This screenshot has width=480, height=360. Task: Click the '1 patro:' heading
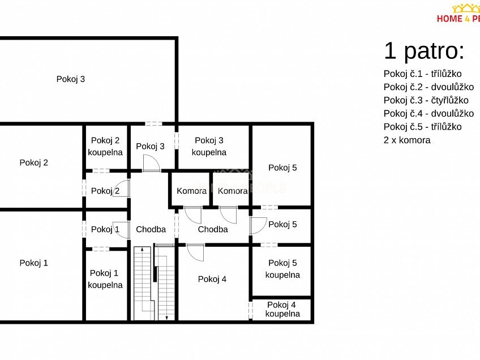[x=425, y=51]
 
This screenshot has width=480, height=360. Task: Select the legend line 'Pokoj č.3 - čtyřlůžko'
[x=426, y=100]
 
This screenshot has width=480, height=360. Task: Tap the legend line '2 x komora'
[x=407, y=140]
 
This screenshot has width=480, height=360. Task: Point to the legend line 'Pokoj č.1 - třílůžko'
[x=423, y=74]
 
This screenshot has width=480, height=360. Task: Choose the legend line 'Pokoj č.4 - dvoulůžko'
[x=429, y=114]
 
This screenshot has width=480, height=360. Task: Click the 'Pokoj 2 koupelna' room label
[x=105, y=147]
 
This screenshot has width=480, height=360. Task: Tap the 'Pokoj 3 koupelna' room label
[x=209, y=147]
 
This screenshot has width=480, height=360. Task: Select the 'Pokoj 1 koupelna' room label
[x=105, y=279]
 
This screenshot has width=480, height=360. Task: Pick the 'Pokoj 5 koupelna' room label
[x=282, y=269]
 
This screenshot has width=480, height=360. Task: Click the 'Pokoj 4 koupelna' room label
[x=282, y=309]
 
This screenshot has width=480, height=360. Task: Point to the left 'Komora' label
[x=192, y=191]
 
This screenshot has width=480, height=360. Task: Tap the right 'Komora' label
[x=233, y=191]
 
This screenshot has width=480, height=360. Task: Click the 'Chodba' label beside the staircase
[x=151, y=229]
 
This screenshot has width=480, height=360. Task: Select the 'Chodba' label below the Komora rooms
[x=213, y=229]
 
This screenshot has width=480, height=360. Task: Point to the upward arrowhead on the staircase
[x=142, y=250]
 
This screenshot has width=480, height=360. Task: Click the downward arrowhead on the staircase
[x=166, y=318]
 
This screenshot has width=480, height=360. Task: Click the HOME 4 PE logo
[x=458, y=14]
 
